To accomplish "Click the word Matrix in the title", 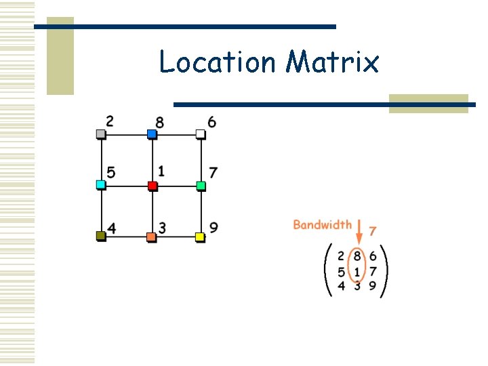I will click(x=332, y=62).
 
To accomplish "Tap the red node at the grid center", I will click(x=152, y=186).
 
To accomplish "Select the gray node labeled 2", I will click(x=101, y=134).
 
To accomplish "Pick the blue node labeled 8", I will click(x=152, y=134).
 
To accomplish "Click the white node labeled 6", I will click(x=201, y=134).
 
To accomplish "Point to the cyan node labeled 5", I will click(x=101, y=185).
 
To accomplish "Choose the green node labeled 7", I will click(x=201, y=185).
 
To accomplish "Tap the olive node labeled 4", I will click(x=101, y=236).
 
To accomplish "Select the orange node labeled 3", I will click(x=151, y=237).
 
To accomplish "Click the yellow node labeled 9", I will click(x=200, y=237).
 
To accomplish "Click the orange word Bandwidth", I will click(x=322, y=224).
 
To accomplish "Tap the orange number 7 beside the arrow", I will click(x=372, y=231).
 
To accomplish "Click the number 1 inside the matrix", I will click(x=357, y=272).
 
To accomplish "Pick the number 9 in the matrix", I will click(x=372, y=286).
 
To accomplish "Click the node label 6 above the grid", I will click(x=212, y=122).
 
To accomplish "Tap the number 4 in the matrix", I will click(x=342, y=286).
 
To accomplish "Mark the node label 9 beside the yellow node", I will click(x=213, y=228).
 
